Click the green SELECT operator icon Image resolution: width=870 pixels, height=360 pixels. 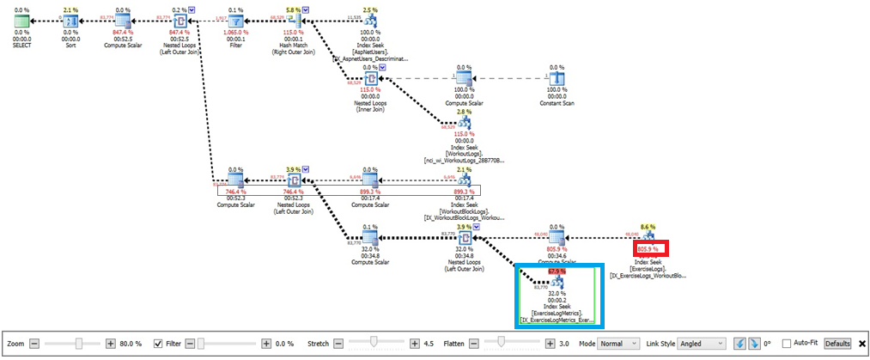click(15, 21)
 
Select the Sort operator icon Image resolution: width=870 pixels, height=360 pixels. click(70, 21)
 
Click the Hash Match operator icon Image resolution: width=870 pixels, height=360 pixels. click(294, 21)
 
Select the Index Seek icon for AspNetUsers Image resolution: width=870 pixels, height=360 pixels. click(370, 21)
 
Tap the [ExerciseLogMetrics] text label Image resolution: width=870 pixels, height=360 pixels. click(559, 313)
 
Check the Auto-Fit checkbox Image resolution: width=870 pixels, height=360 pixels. click(787, 344)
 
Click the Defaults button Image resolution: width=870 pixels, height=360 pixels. click(838, 344)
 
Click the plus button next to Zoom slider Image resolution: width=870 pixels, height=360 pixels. click(111, 344)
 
